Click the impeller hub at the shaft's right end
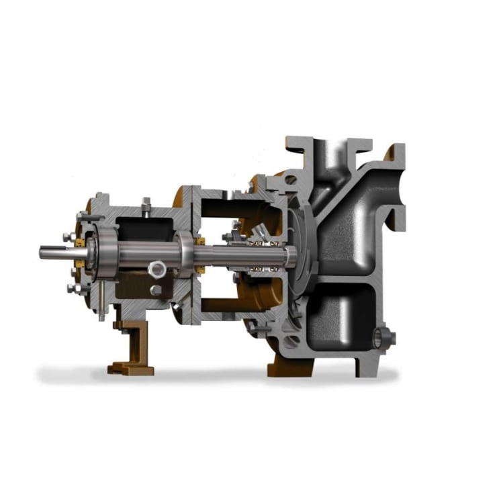[293, 255]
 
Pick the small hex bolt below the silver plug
[156, 289]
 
